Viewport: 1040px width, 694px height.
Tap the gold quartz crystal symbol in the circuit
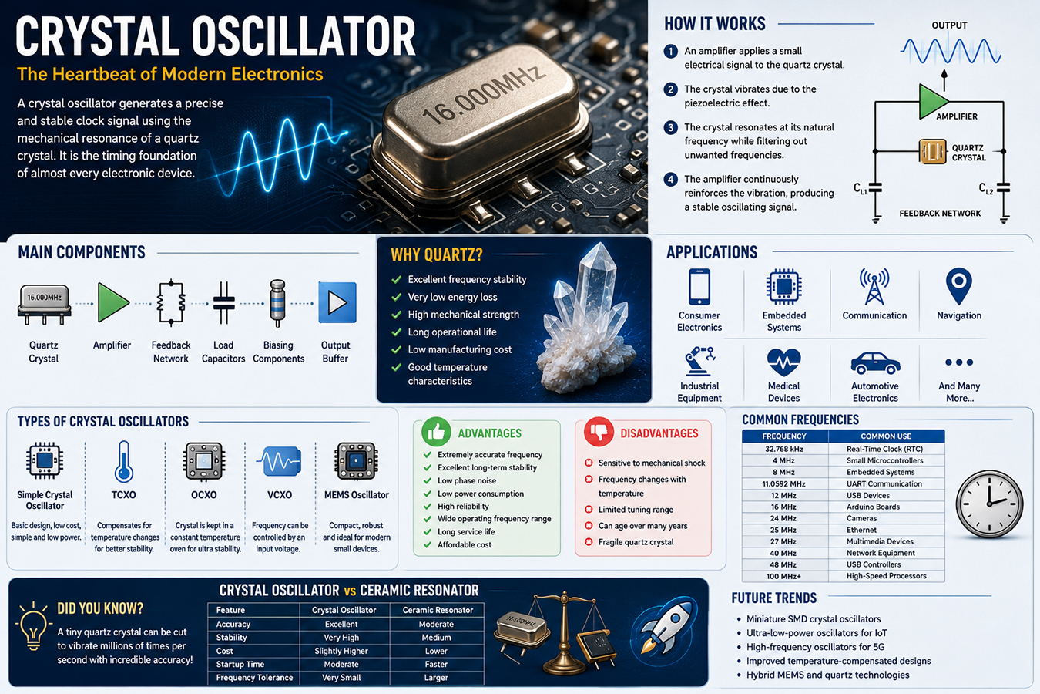(932, 152)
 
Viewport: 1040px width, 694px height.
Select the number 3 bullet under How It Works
(670, 127)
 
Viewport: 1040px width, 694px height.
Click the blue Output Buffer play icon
(337, 302)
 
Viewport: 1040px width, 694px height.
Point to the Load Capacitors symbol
(223, 302)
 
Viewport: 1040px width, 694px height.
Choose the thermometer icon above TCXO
(123, 462)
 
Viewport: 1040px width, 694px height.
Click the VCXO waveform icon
(280, 461)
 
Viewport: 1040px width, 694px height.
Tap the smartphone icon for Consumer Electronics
(699, 286)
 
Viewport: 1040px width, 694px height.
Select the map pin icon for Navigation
(959, 286)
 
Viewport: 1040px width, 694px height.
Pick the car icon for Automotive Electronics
(875, 363)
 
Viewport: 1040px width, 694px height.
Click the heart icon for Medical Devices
(783, 362)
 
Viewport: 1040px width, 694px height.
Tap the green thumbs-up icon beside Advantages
(437, 432)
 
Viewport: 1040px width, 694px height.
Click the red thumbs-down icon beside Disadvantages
(599, 432)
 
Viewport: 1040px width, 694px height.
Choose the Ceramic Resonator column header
(438, 610)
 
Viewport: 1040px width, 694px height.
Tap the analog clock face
(989, 504)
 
